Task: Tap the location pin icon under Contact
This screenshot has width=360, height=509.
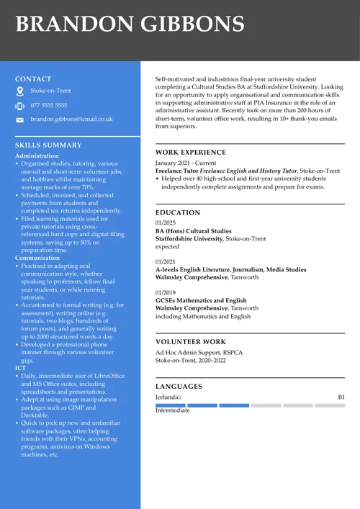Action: [x=19, y=91]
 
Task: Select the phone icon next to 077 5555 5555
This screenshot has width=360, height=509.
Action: [x=19, y=106]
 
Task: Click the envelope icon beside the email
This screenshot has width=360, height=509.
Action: [x=19, y=120]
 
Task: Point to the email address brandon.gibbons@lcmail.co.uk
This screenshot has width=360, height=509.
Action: [x=71, y=120]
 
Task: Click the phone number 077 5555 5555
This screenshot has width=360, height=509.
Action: [x=49, y=106]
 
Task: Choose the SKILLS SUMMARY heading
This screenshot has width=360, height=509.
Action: [x=48, y=145]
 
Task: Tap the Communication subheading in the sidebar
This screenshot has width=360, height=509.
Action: [x=37, y=258]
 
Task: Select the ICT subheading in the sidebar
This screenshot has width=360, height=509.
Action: [x=20, y=368]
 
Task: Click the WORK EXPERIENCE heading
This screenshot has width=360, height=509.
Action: [x=191, y=153]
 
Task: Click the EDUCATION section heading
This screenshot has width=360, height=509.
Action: [x=178, y=213]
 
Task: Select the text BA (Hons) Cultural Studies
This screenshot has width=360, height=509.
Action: [x=194, y=231]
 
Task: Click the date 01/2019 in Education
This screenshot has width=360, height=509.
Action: [x=166, y=293]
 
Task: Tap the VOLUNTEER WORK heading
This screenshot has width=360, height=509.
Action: [x=190, y=343]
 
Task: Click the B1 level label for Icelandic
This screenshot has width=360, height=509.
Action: [x=341, y=397]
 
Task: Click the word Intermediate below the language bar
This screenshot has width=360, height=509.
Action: [x=173, y=410]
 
